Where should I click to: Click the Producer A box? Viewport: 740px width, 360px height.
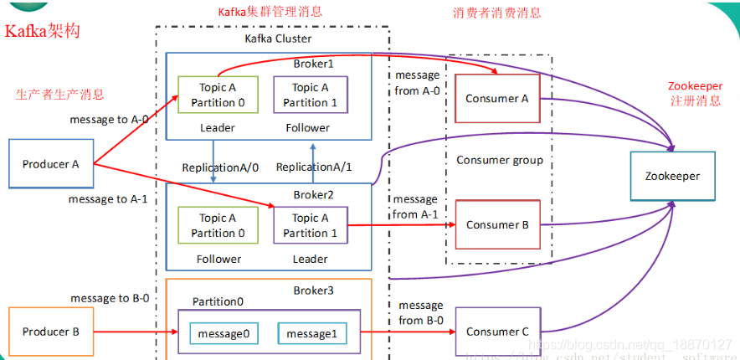click(51, 164)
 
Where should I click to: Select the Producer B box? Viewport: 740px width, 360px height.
click(51, 332)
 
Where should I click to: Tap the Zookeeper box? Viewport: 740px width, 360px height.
click(672, 177)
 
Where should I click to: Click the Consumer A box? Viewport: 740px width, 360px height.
click(497, 99)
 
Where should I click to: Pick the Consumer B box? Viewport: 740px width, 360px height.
click(497, 224)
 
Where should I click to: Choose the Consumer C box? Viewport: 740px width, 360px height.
click(497, 332)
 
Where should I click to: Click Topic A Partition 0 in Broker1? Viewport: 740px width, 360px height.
click(213, 95)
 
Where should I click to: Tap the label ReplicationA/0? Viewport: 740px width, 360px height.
click(220, 167)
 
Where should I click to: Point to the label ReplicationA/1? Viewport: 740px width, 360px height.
click(314, 167)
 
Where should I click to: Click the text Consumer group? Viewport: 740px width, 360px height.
click(499, 160)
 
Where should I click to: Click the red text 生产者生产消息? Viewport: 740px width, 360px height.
click(60, 94)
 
